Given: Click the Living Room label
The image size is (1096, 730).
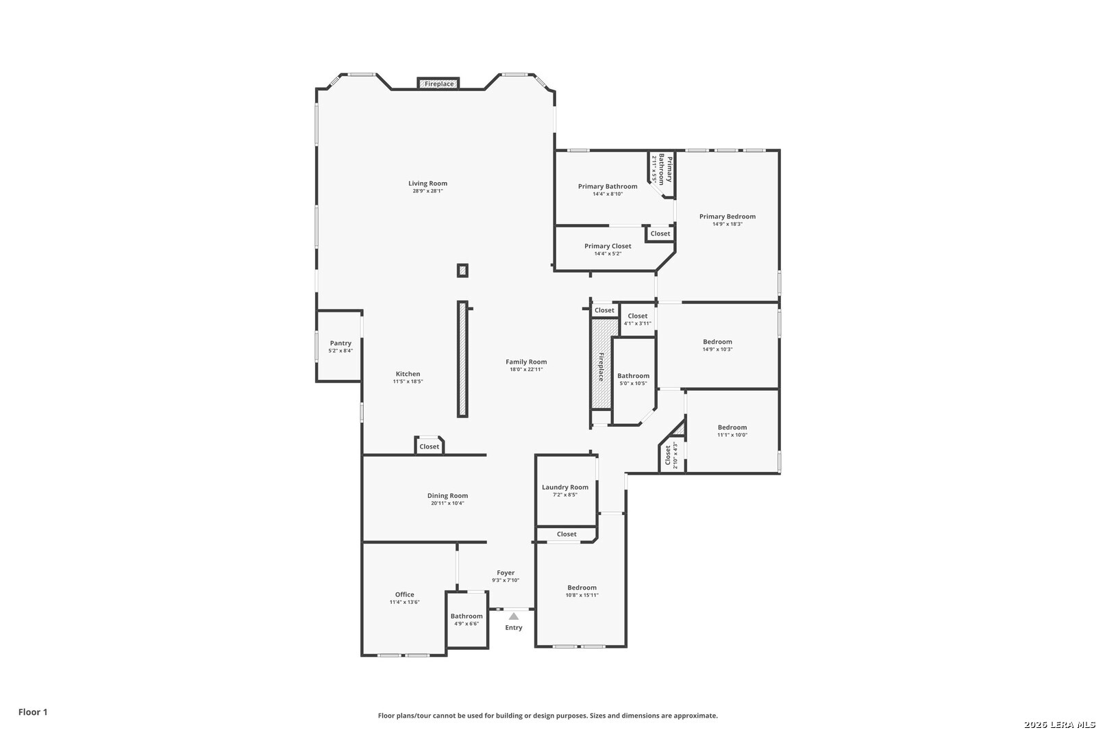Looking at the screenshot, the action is point(427,184).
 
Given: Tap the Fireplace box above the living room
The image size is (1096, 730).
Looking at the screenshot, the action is point(438,84).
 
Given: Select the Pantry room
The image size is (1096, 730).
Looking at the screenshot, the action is point(340,346).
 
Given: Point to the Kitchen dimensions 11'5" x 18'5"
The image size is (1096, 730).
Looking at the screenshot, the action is point(408,381).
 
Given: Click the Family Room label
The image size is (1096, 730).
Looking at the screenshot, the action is point(526,362).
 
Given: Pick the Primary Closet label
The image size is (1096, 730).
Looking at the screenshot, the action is point(608,246).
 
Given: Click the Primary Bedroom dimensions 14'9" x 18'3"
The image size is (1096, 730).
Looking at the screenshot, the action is point(727,224).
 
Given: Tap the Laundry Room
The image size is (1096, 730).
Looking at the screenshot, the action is point(566,490).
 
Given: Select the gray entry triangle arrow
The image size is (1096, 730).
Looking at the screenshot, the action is point(513,616).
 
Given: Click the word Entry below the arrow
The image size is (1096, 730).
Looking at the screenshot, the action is point(513,628).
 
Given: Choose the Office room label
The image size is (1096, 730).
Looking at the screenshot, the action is point(404,594).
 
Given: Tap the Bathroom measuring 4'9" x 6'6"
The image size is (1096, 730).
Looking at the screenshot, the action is point(466,620).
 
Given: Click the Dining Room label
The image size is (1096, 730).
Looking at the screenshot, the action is point(447,496).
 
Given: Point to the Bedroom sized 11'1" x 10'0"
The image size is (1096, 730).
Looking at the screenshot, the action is point(732,431).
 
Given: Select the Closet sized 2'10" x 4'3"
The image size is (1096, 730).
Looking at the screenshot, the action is point(671,455).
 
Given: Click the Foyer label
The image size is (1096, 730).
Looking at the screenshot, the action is point(506,573).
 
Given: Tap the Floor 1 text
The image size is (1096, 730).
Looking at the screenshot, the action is point(33,712).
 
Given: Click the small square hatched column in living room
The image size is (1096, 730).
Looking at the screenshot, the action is point(462,270).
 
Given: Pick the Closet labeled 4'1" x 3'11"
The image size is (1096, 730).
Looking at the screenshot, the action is point(638,320).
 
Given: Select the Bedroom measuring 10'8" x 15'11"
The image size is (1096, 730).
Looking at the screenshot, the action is point(582,594).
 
